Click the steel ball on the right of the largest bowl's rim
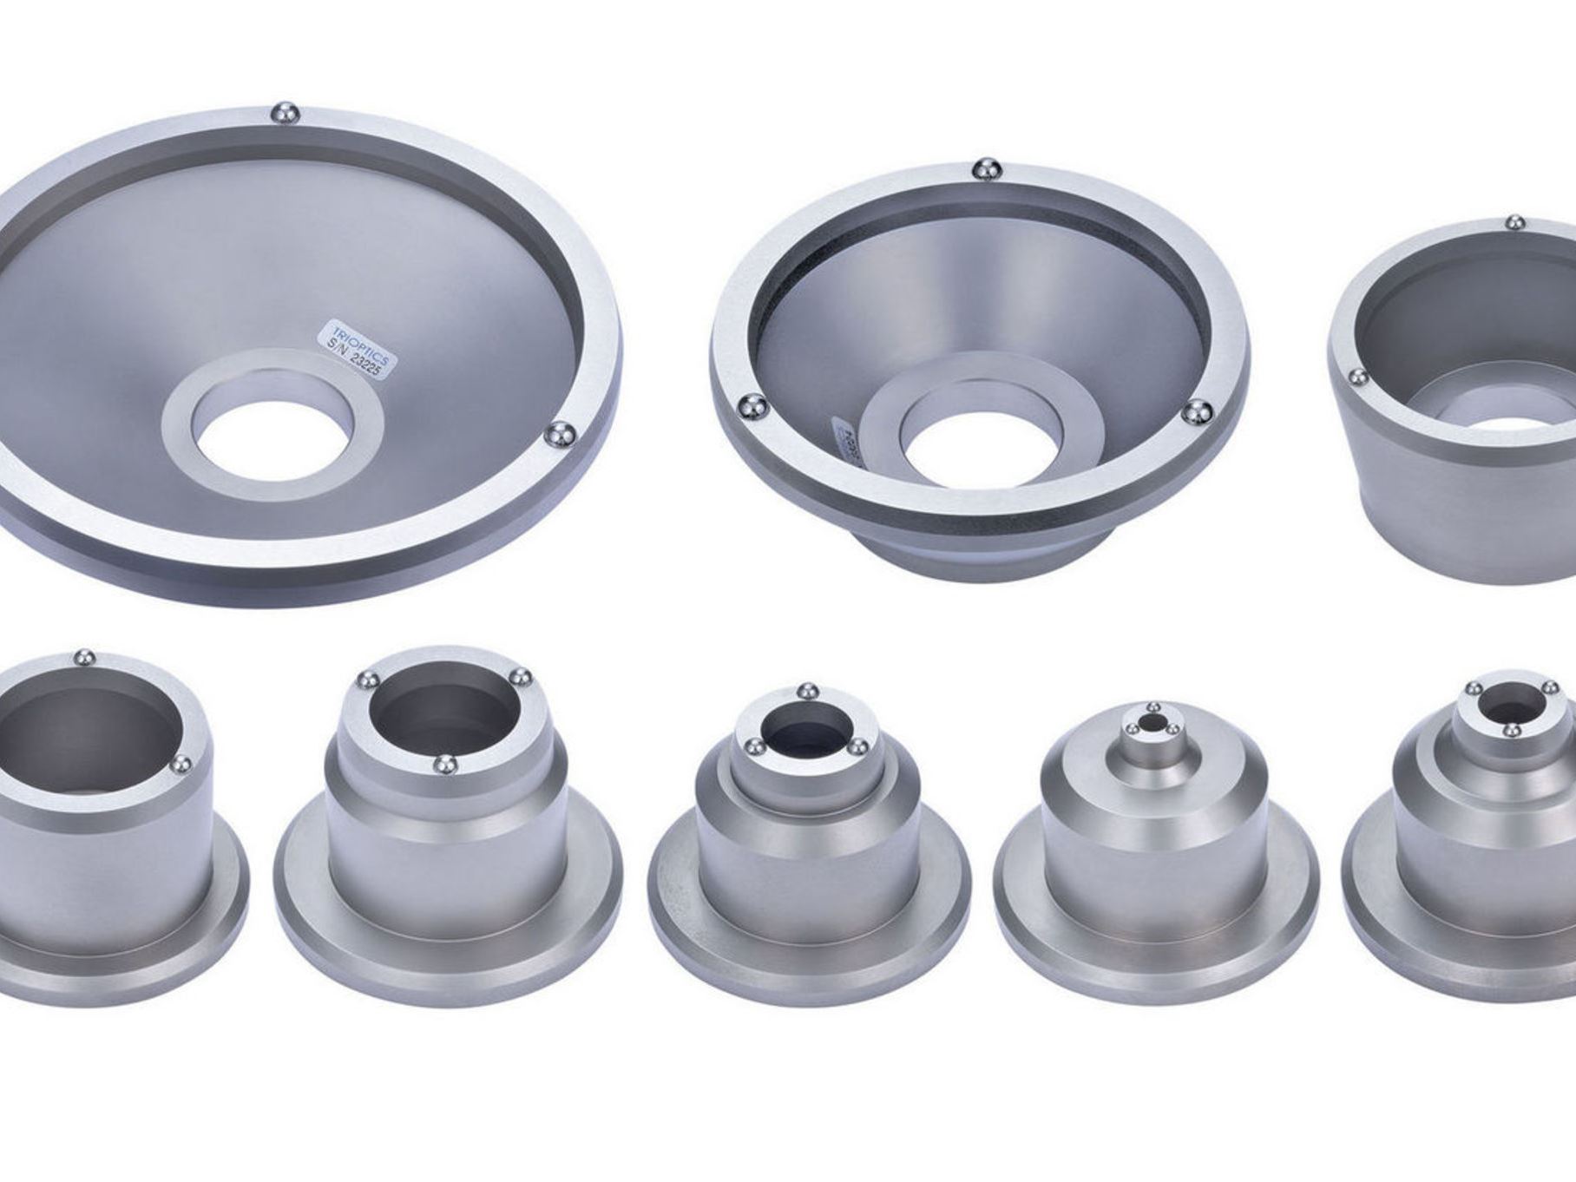point(560,436)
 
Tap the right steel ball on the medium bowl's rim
point(1197,413)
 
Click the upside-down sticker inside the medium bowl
point(844,443)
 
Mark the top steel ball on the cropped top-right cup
point(1514,223)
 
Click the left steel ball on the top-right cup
point(1356,377)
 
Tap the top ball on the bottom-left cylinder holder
point(84,659)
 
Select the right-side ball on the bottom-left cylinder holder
point(183,764)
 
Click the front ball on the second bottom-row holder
point(444,765)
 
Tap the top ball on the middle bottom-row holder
point(807,692)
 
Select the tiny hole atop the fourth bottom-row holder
point(1154,721)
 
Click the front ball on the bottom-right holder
point(1509,732)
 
